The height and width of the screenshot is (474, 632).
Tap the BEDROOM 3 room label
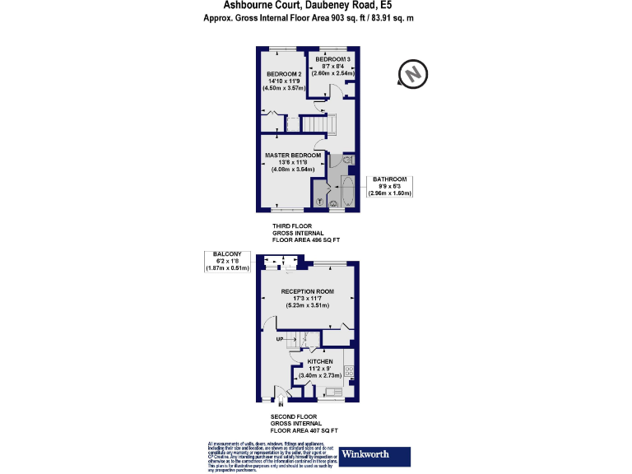(x=333, y=60)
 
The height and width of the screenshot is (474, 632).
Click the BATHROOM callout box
(x=389, y=186)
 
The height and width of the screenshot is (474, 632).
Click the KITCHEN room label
(x=319, y=361)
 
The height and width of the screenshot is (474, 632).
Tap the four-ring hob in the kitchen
(x=349, y=371)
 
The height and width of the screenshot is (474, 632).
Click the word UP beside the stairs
(x=280, y=338)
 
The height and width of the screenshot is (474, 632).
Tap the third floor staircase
(x=318, y=123)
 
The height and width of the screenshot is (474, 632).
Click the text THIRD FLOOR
(x=292, y=225)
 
